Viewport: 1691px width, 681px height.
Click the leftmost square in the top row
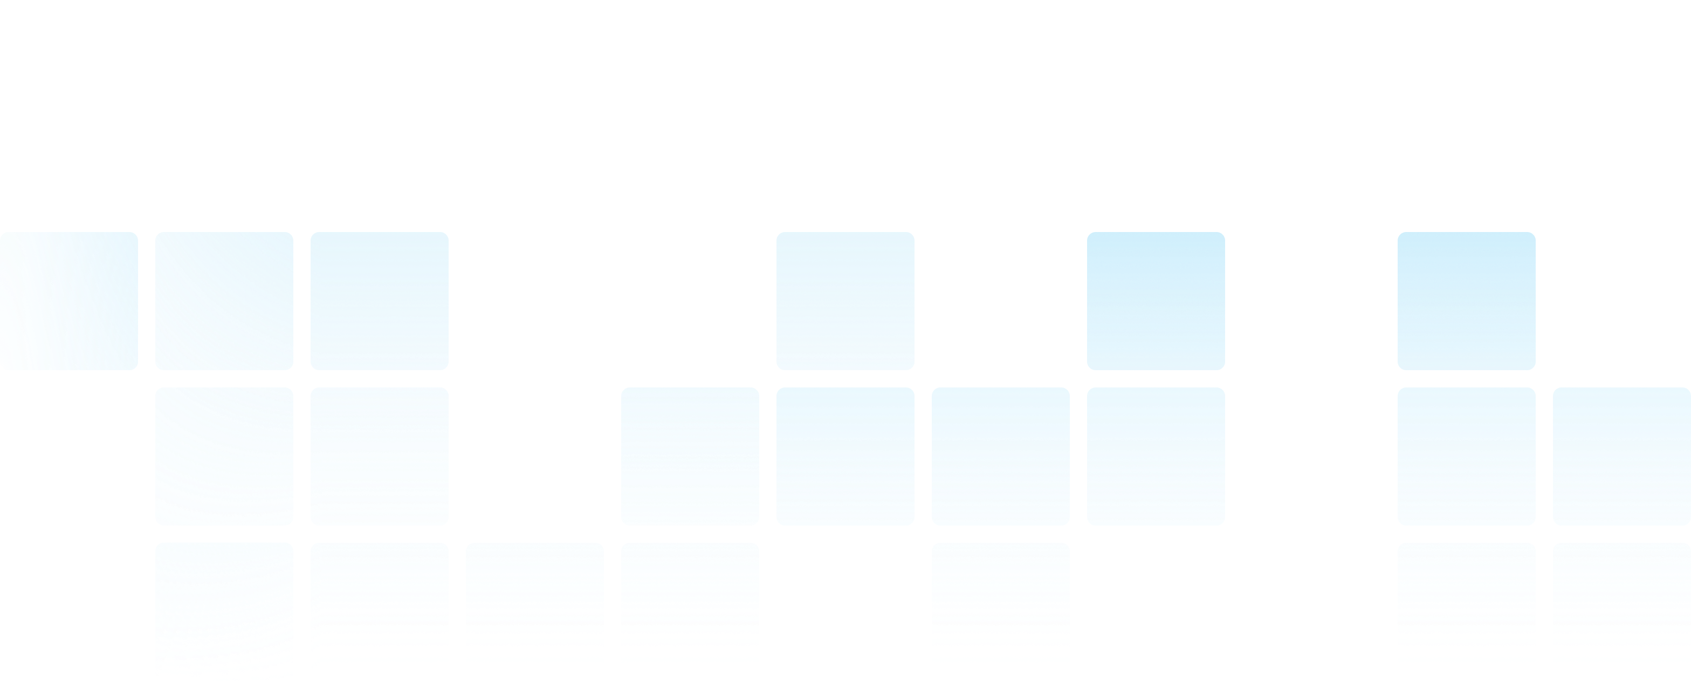pyautogui.click(x=69, y=301)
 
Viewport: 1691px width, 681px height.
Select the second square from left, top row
pyautogui.click(x=224, y=301)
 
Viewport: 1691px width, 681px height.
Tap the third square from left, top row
pyautogui.click(x=380, y=301)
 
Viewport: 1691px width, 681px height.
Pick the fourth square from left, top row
pyautogui.click(x=845, y=301)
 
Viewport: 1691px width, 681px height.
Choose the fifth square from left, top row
pyautogui.click(x=1156, y=301)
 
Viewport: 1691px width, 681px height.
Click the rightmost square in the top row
pyautogui.click(x=1467, y=301)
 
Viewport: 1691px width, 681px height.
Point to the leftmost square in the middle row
pyautogui.click(x=224, y=457)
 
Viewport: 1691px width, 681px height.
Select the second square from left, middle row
pyautogui.click(x=380, y=457)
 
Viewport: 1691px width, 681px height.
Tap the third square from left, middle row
pyautogui.click(x=690, y=457)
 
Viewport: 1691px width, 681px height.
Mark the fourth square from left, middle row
pyautogui.click(x=845, y=457)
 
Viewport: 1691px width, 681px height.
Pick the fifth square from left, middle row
pyautogui.click(x=1000, y=457)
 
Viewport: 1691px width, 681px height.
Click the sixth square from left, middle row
pyautogui.click(x=1156, y=457)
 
